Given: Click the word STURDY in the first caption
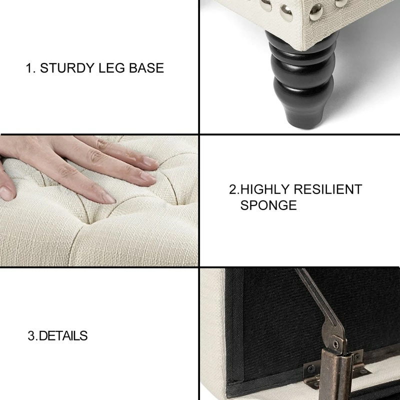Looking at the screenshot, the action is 67,68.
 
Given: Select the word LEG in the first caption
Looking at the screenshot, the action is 111,68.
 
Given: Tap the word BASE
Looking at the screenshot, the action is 146,68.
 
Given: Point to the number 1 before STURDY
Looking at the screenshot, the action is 30,68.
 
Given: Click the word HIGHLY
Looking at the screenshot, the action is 265,189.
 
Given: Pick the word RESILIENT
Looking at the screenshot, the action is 328,189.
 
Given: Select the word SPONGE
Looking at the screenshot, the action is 268,205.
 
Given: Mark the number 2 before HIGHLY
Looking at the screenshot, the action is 233,189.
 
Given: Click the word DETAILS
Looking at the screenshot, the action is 63,336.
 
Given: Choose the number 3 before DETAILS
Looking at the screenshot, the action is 32,336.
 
